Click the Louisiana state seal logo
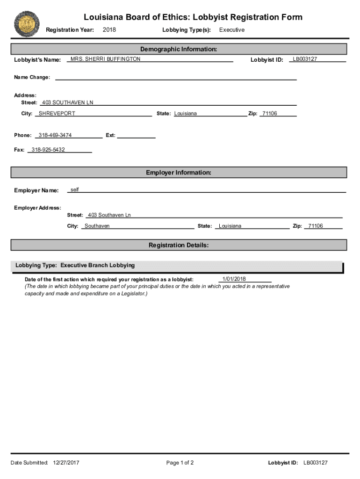(x=27, y=24)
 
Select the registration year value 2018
(x=109, y=30)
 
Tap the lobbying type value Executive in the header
(x=232, y=30)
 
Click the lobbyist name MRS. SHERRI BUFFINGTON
(x=105, y=59)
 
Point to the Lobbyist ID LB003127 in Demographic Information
(x=305, y=59)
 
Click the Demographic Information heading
(x=179, y=49)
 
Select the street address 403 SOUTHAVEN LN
(x=68, y=102)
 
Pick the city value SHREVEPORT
(x=57, y=114)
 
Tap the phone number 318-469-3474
(x=55, y=135)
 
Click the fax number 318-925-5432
(x=48, y=150)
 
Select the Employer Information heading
(x=179, y=173)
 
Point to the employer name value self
(x=75, y=189)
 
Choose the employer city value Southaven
(x=97, y=226)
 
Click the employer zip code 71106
(x=315, y=226)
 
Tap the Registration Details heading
(x=179, y=245)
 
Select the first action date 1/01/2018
(x=234, y=279)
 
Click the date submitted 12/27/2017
(x=66, y=463)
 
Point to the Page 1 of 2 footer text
(x=180, y=463)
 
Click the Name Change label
(x=32, y=77)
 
